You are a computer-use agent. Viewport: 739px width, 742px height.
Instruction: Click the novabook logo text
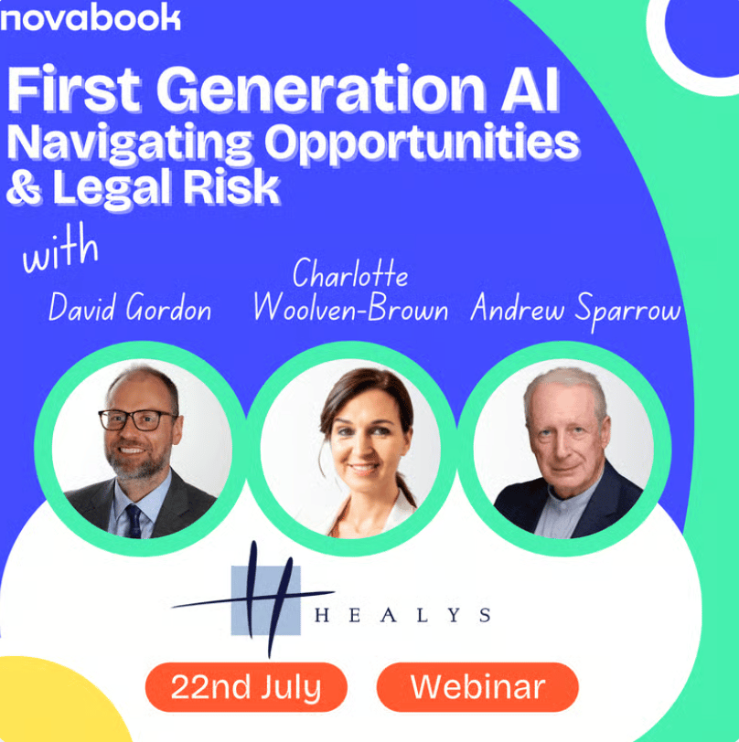tap(91, 17)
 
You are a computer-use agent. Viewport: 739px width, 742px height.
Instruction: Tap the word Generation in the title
tap(321, 89)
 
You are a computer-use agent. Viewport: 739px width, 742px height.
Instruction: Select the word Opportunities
tap(422, 142)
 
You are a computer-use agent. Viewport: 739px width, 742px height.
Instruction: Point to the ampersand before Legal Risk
tap(24, 187)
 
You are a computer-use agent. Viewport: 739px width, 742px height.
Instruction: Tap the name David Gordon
tap(129, 307)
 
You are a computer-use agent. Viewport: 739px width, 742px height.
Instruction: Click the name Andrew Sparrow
tap(575, 310)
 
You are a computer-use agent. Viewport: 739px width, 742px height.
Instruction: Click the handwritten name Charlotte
tap(350, 273)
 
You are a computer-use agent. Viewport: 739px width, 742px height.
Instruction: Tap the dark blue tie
tap(134, 521)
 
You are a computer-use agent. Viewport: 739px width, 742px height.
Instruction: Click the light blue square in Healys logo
tap(265, 600)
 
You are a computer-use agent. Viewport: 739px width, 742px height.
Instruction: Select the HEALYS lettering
tap(402, 615)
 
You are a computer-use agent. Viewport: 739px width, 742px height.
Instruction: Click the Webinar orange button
tap(477, 687)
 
